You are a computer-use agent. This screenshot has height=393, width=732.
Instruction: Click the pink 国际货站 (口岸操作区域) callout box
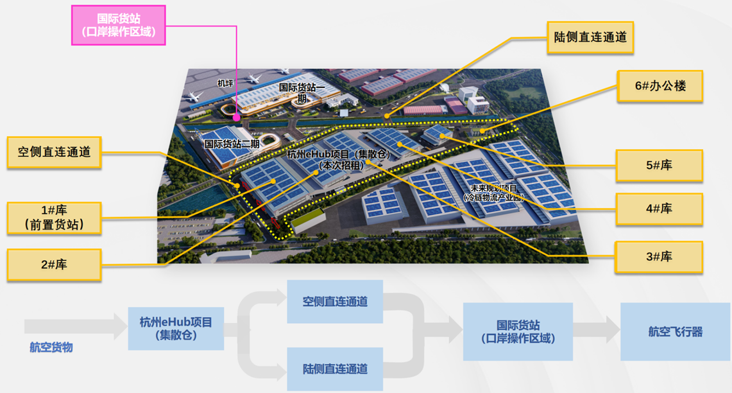(118, 25)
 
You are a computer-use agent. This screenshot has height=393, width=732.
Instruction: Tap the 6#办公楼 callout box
(659, 85)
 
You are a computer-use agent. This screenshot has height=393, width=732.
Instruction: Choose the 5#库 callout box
(659, 166)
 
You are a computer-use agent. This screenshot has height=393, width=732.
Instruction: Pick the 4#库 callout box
(659, 209)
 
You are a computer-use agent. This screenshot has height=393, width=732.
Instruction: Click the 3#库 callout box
(659, 257)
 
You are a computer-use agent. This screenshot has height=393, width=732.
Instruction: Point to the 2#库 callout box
(54, 264)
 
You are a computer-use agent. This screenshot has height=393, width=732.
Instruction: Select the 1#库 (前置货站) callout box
(54, 218)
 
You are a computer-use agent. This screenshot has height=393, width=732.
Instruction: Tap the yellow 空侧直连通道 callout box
(54, 152)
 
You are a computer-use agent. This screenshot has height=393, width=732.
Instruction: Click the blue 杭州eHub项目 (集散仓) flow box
(176, 328)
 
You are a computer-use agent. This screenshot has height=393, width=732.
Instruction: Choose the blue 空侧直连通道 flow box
(334, 301)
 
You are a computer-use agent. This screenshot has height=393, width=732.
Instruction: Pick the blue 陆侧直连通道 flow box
(334, 369)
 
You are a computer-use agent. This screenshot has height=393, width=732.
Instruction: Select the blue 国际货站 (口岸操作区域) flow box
(518, 332)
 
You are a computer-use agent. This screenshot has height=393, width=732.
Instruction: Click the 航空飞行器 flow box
(675, 332)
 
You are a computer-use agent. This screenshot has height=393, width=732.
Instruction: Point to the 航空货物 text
(51, 347)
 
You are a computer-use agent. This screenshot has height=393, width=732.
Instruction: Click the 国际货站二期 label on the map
(232, 144)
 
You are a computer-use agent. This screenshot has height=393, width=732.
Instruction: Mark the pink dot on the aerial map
(237, 118)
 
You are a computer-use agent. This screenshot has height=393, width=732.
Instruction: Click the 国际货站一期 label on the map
(301, 91)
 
